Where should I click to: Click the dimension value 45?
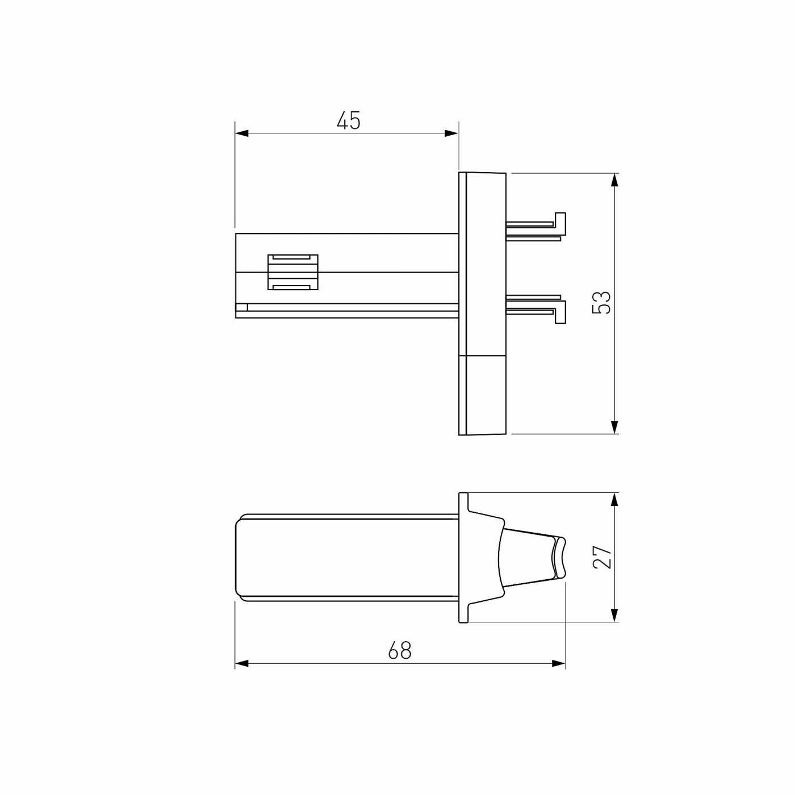(348, 120)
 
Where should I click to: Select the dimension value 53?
(601, 302)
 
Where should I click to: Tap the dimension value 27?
(602, 556)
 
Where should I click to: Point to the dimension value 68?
(399, 650)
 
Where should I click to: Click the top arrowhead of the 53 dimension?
(614, 180)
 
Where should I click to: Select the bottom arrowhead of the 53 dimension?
(614, 427)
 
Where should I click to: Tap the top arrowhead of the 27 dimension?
(614, 500)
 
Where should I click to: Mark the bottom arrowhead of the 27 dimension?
(614, 614)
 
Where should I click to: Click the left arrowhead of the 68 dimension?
(242, 663)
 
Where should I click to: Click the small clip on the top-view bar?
(292, 272)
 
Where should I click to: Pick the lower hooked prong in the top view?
(537, 310)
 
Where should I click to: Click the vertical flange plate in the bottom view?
(463, 558)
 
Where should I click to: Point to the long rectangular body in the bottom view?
(346, 558)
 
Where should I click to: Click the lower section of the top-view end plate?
(483, 395)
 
